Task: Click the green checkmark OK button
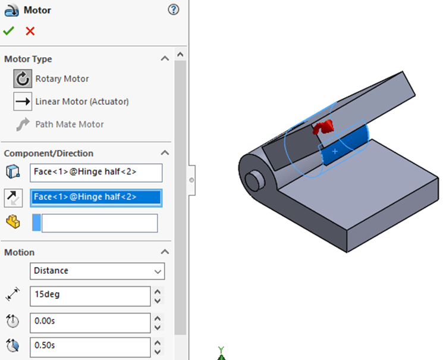tap(9, 31)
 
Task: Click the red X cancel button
tap(30, 31)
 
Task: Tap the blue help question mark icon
tap(174, 10)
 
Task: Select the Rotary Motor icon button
tap(23, 79)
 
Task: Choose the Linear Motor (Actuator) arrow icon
tap(23, 101)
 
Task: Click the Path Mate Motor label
tap(69, 124)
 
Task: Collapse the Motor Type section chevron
tap(165, 59)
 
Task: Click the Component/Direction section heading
tap(49, 153)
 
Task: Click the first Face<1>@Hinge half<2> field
tap(96, 172)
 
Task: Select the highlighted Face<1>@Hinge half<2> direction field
tap(96, 197)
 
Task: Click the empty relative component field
tap(99, 223)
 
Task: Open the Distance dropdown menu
tap(97, 271)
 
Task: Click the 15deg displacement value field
tap(90, 295)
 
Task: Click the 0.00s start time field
tap(90, 322)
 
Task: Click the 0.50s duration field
tap(90, 345)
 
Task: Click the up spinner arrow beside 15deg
tap(158, 291)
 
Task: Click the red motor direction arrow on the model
tap(323, 126)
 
